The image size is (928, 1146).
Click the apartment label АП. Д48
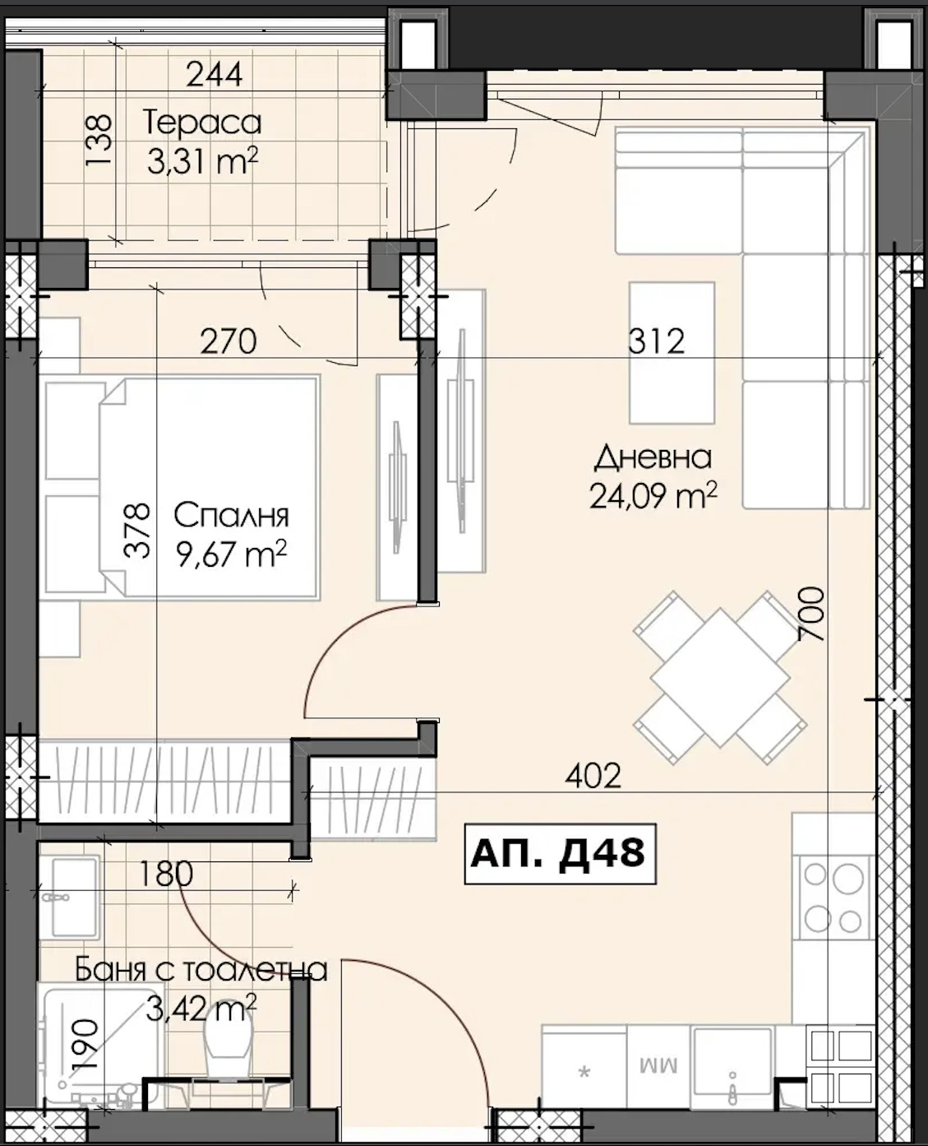(x=560, y=854)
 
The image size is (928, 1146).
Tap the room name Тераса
(x=202, y=123)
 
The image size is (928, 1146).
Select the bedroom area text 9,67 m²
(x=232, y=554)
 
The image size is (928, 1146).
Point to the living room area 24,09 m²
(x=653, y=495)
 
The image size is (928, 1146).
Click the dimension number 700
(x=810, y=614)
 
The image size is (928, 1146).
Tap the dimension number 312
(x=657, y=341)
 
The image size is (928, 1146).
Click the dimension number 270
(x=229, y=341)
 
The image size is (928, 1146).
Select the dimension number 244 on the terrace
(x=215, y=74)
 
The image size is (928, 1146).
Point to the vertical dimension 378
(x=136, y=531)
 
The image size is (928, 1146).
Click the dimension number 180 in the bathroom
(x=165, y=873)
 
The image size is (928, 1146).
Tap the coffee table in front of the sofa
(x=672, y=352)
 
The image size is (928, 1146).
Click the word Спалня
(x=232, y=516)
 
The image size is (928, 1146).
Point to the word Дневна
(x=653, y=457)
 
